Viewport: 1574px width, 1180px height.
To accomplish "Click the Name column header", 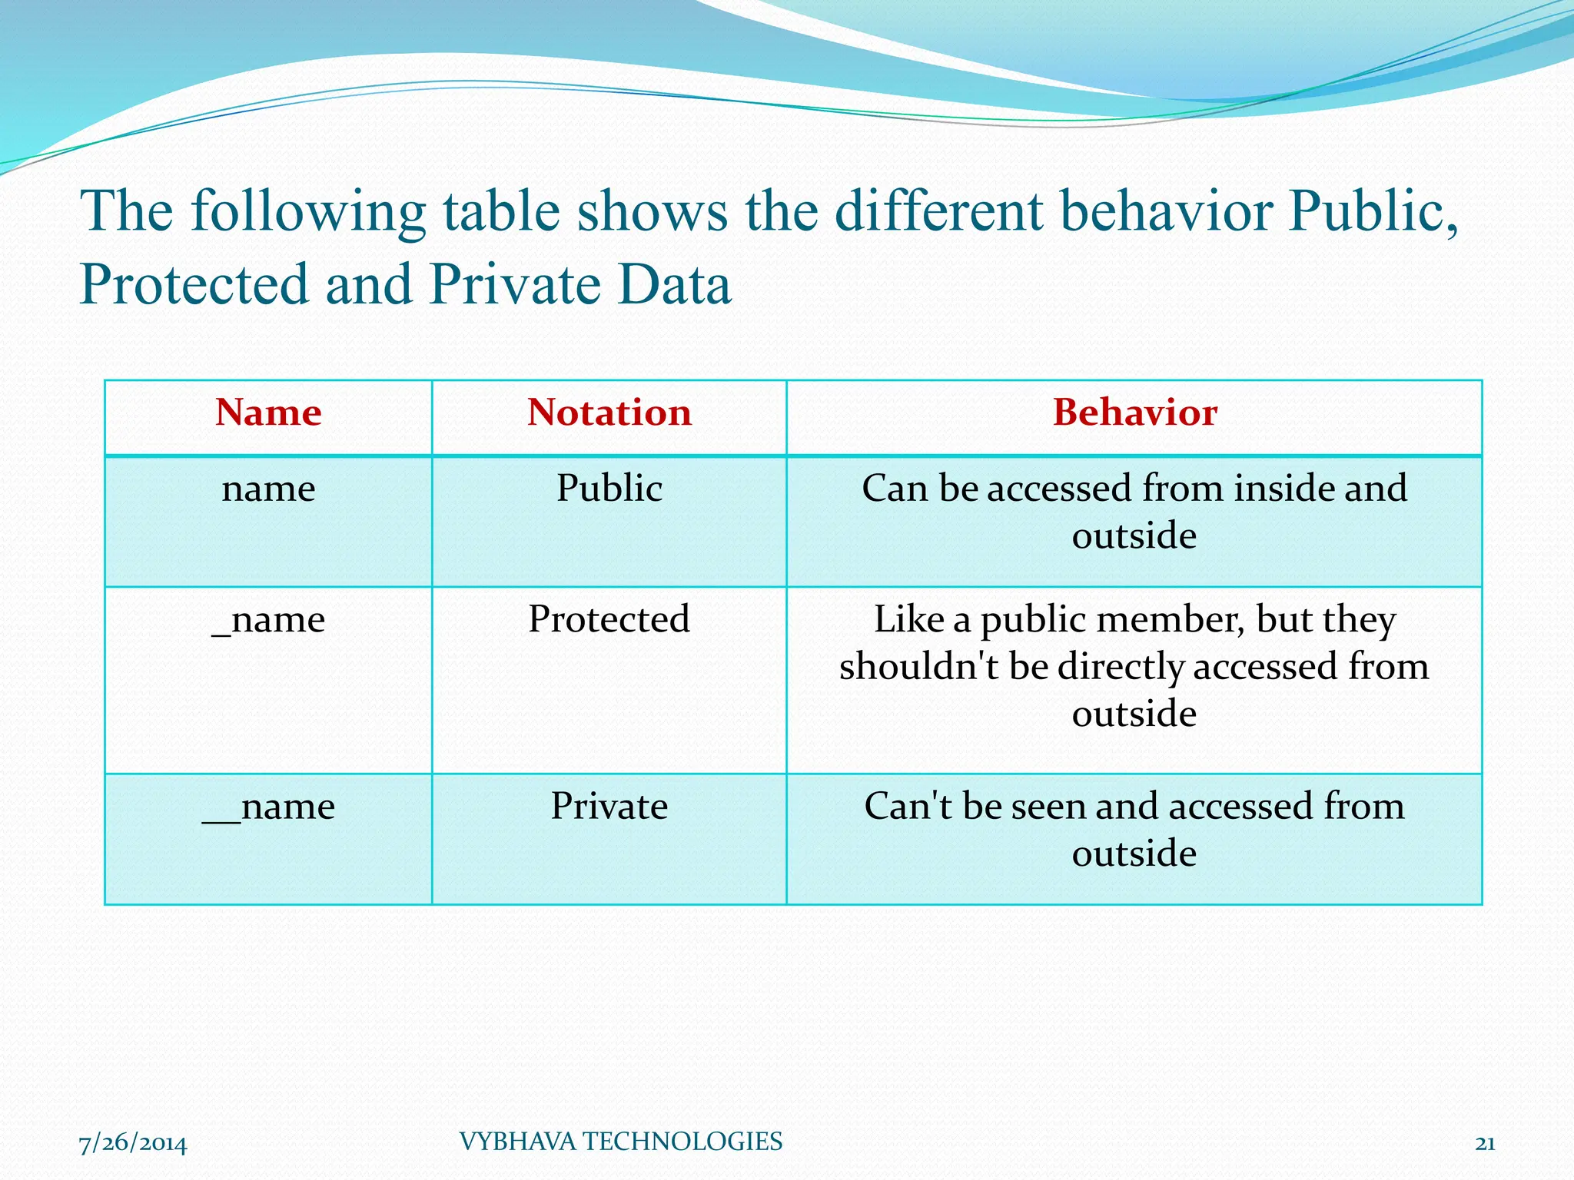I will (268, 413).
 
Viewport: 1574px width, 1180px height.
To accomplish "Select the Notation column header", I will (609, 413).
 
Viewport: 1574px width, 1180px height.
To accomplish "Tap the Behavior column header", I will (1134, 413).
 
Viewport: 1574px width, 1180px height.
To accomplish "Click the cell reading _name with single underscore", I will (268, 619).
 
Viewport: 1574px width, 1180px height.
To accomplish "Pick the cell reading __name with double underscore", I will (268, 807).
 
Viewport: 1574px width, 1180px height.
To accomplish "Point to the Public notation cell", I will (609, 489).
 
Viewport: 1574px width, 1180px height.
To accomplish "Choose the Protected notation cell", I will (609, 619).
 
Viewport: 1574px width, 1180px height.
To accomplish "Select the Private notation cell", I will (609, 807).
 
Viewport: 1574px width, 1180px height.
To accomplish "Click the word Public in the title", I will (1372, 211).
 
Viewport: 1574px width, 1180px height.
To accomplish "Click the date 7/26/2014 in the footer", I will (133, 1143).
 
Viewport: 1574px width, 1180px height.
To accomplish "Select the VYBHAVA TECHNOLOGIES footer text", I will (620, 1142).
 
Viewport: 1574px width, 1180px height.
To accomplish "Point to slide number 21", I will (1485, 1143).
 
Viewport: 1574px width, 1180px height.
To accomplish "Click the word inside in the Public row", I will (1283, 489).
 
